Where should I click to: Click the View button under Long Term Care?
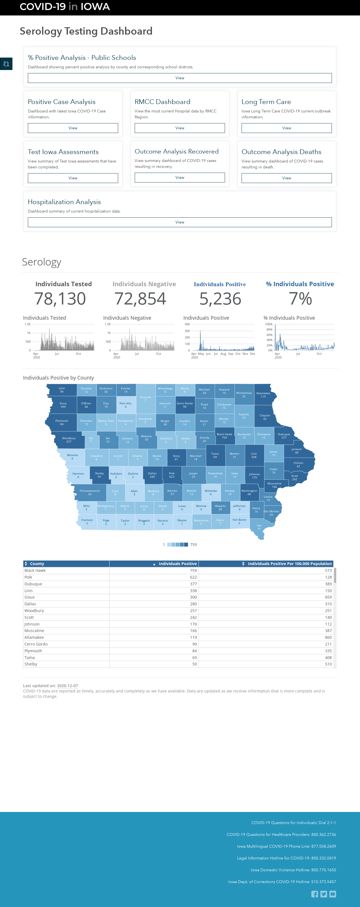286,128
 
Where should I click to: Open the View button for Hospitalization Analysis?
180,222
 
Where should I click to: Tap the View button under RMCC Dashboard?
180,128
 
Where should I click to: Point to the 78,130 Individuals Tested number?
60,299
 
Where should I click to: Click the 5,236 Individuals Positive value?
220,299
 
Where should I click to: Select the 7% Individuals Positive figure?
300,299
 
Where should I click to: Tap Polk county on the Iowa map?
172,475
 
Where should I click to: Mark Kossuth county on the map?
145,399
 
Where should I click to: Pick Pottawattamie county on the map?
90,492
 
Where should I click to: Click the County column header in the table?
37,564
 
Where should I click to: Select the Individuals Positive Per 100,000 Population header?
290,564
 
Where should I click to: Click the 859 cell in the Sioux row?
328,597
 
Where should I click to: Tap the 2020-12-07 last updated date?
67,685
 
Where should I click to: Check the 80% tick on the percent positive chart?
269,330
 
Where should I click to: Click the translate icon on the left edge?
6,64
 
